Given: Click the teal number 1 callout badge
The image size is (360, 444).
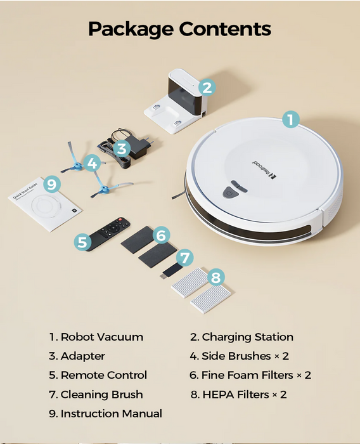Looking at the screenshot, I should click(290, 119).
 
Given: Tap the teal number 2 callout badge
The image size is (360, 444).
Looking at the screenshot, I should click(207, 88).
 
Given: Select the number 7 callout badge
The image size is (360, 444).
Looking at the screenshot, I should click(184, 258).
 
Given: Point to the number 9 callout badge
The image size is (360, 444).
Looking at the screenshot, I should click(53, 185).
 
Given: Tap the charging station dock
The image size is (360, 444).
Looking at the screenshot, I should click(177, 101).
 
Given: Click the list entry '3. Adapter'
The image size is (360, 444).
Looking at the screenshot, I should click(77, 356).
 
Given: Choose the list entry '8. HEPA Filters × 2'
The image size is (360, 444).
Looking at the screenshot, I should click(238, 395).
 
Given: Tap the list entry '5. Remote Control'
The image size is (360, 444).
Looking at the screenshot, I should click(98, 375).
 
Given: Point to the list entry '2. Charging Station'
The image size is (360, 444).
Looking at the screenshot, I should click(241, 337).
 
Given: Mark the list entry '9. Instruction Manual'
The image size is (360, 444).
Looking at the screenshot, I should click(105, 414).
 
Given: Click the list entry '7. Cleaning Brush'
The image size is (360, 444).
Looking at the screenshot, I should click(96, 395).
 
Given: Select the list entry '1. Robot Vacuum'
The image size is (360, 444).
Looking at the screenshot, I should click(96, 337).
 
